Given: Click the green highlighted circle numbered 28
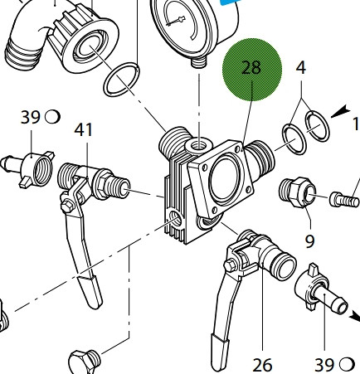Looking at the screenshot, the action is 252,70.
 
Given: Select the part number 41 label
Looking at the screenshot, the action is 83,130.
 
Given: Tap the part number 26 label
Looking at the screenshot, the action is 262,365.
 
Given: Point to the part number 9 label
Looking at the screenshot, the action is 309,241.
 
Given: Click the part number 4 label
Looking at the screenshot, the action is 301,68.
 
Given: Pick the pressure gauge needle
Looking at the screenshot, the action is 175,22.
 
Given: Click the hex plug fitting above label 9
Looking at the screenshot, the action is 297,192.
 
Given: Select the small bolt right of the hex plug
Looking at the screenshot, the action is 344,199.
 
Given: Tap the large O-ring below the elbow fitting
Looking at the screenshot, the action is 122,80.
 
